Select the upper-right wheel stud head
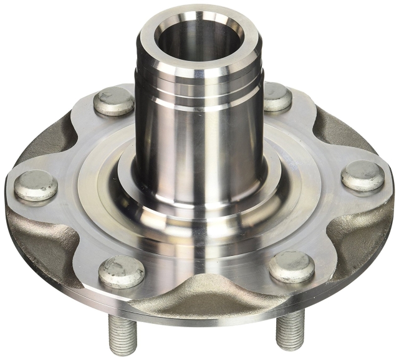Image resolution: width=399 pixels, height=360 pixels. [277, 97]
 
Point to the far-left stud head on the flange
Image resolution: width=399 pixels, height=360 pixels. [36, 185]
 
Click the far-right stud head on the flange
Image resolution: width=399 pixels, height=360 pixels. [362, 176]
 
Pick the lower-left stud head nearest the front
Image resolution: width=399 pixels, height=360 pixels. [122, 272]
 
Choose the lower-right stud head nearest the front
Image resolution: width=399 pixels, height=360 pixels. [292, 267]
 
